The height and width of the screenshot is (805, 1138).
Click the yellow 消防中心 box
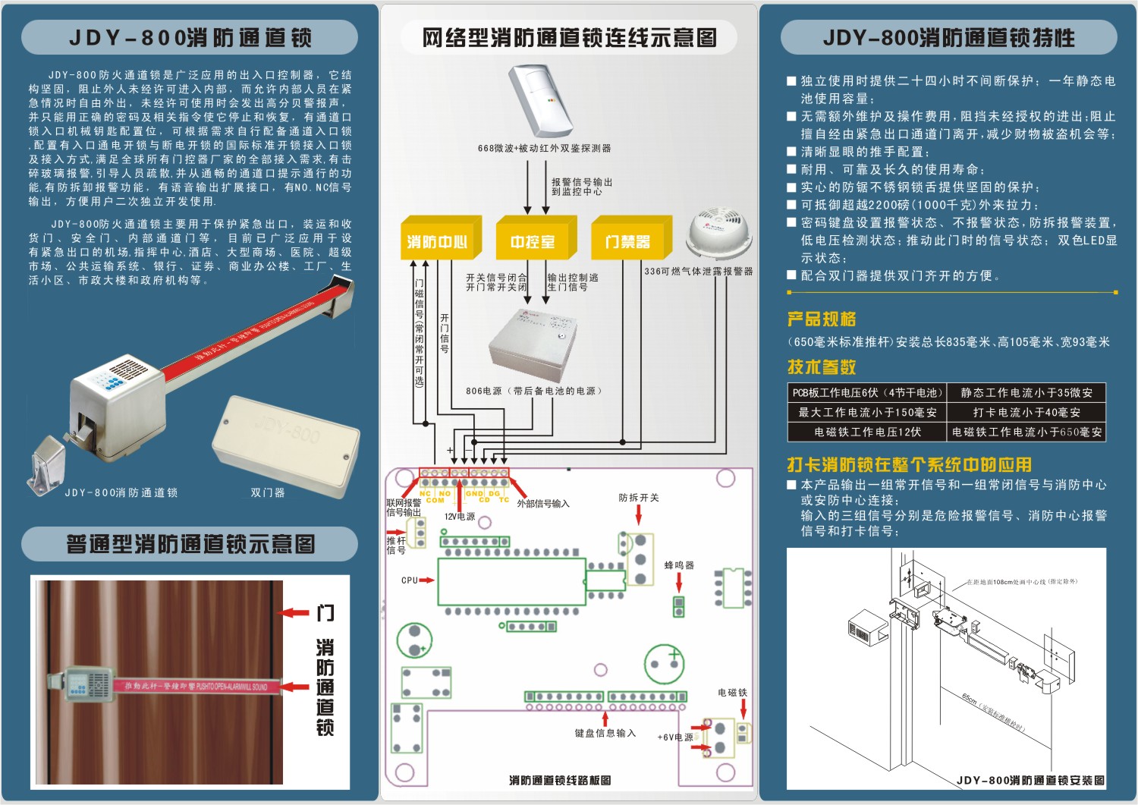point(437,241)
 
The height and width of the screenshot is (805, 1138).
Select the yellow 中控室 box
point(533,241)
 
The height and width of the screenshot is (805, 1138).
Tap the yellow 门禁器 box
point(627,241)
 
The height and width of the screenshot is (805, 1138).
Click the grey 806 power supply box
point(528,345)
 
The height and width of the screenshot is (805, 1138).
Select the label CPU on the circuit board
point(410,580)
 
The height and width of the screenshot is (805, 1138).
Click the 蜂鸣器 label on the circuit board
point(679,565)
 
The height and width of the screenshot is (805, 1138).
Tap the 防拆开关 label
point(639,498)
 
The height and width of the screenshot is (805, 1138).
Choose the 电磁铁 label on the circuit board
point(732,693)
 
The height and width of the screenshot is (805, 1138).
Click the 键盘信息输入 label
point(605,733)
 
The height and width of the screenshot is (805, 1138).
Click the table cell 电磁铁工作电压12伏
point(867,432)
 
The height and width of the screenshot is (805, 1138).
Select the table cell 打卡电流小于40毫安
point(1026,412)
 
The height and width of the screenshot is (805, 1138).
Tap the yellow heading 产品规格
point(822,319)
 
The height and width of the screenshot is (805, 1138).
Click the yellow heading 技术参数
point(822,367)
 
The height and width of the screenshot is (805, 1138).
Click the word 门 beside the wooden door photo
point(325,613)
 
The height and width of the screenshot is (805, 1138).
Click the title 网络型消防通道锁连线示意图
point(569,38)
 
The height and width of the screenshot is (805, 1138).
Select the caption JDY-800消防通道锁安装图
point(1030,780)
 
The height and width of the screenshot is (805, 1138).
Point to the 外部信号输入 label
point(542,504)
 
